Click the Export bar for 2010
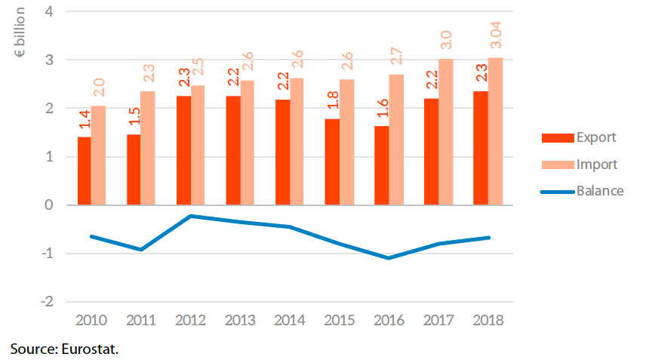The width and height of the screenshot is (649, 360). tap(85, 171)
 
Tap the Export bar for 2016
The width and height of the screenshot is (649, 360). tap(382, 165)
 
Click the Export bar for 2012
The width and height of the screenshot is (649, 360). tap(183, 150)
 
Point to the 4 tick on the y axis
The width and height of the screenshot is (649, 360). tap(50, 12)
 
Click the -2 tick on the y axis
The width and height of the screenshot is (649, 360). tap(47, 301)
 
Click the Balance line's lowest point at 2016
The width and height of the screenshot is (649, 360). tap(389, 258)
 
